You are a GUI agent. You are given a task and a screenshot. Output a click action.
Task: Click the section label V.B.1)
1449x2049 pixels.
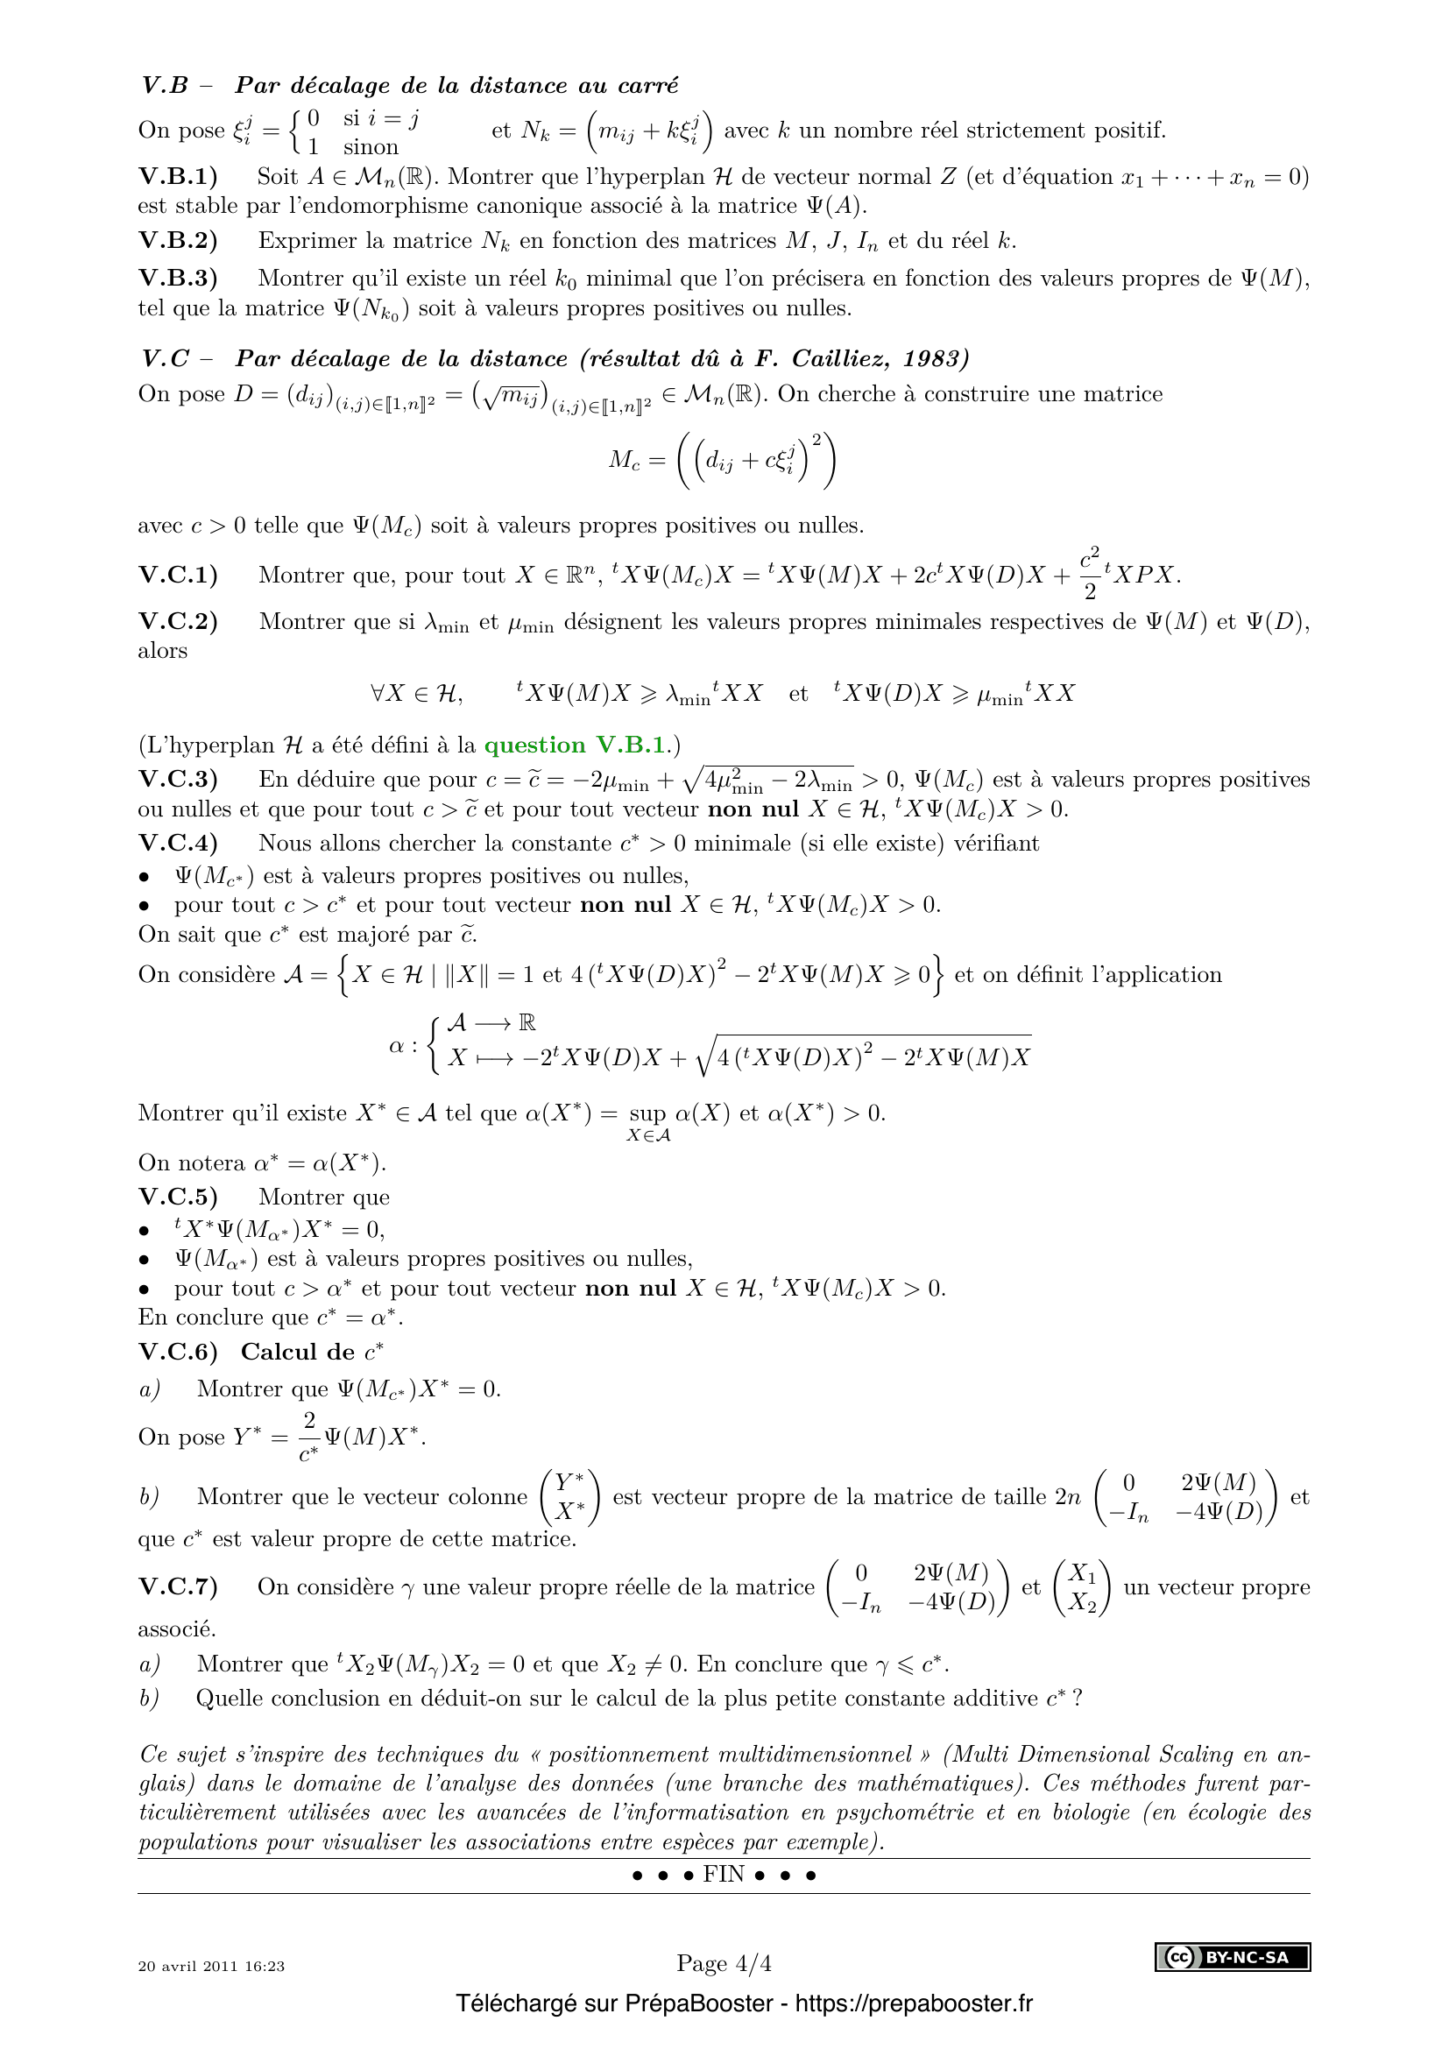tap(178, 177)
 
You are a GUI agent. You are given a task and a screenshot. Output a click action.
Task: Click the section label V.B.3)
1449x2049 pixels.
tap(178, 279)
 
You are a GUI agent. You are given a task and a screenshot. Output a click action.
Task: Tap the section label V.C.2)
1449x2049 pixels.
tap(178, 622)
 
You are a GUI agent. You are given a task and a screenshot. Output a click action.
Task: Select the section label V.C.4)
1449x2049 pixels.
tap(178, 844)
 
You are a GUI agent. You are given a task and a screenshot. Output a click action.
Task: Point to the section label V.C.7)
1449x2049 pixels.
tap(178, 1586)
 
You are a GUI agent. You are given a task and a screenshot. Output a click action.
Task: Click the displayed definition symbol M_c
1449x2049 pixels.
tap(625, 461)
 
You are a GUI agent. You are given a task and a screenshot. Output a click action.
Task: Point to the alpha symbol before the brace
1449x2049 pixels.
tap(397, 1045)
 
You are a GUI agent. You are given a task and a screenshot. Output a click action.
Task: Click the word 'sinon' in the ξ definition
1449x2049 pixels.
tap(371, 147)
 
